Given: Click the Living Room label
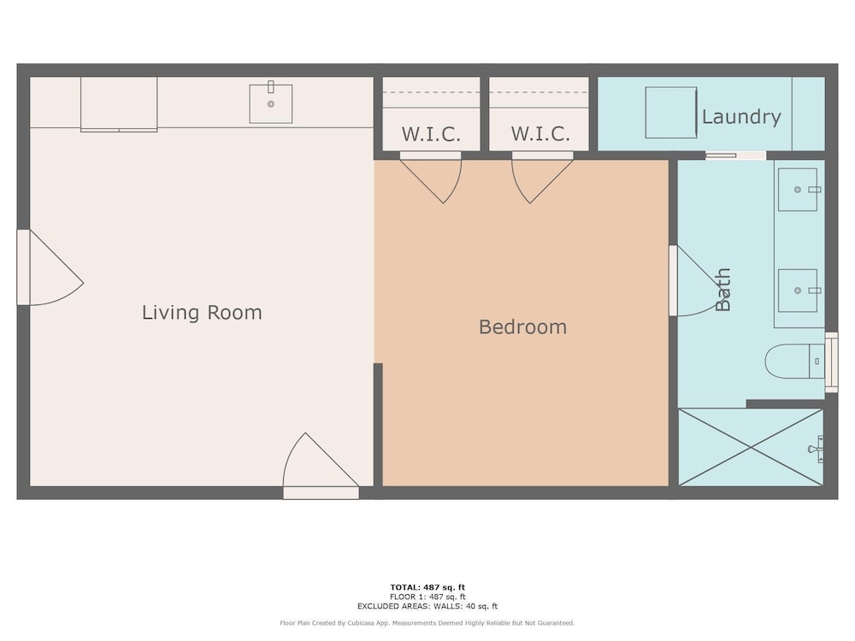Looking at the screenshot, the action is pyautogui.click(x=202, y=313).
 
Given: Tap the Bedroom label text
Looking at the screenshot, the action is pyautogui.click(x=522, y=327).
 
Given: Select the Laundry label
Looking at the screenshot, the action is pyautogui.click(x=741, y=117).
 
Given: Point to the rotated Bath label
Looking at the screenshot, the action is pyautogui.click(x=722, y=290).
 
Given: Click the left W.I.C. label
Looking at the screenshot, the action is pyautogui.click(x=431, y=134).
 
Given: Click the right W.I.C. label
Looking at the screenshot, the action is pyautogui.click(x=540, y=134).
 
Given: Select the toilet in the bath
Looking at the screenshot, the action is pyautogui.click(x=794, y=361).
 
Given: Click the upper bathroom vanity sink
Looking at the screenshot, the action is pyautogui.click(x=798, y=190).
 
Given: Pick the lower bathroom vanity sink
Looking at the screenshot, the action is pyautogui.click(x=798, y=291).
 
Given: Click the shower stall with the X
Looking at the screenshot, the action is pyautogui.click(x=751, y=447).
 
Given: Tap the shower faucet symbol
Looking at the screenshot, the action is pyautogui.click(x=817, y=449).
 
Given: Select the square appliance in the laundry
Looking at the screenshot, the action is pyautogui.click(x=671, y=112).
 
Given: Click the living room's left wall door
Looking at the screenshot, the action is pyautogui.click(x=50, y=267).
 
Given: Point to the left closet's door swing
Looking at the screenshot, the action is pyautogui.click(x=431, y=178).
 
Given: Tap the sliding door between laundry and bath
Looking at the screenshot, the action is pyautogui.click(x=735, y=156).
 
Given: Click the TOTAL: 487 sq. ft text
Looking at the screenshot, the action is pyautogui.click(x=427, y=587).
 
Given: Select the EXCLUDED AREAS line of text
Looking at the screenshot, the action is pyautogui.click(x=427, y=606).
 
